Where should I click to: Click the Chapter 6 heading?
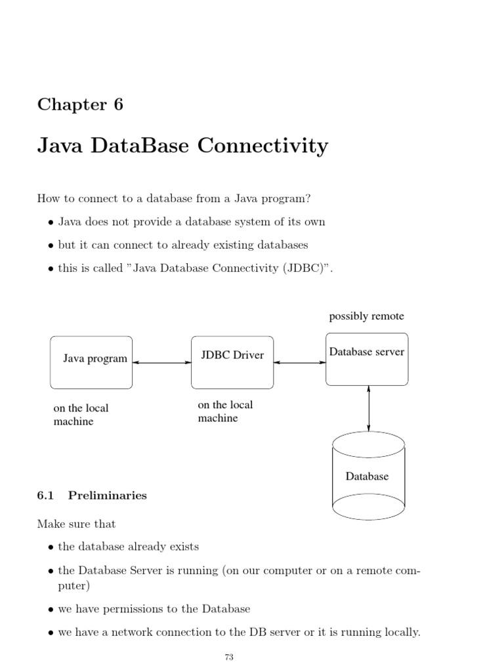pos(80,104)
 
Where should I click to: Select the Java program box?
pos(91,362)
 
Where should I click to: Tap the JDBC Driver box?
pos(232,362)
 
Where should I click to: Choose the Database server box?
pos(367,360)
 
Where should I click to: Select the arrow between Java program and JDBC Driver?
pos(161,362)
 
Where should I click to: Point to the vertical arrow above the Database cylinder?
pos(369,408)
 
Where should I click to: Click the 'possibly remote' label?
pos(366,316)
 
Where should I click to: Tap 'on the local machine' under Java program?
pos(81,415)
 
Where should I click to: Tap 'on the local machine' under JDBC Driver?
pos(225,411)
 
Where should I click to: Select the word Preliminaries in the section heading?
pos(107,495)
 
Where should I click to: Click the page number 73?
pos(229,657)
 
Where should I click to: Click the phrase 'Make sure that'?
pos(76,524)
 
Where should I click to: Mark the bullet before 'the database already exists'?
pos(51,547)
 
